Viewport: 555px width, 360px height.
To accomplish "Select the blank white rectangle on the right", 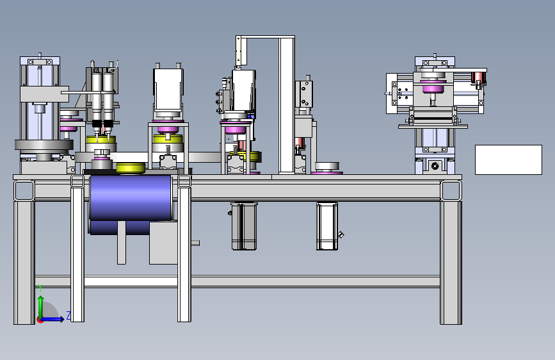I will [508, 160].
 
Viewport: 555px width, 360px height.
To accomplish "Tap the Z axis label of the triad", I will [68, 316].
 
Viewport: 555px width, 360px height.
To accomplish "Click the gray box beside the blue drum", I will [163, 243].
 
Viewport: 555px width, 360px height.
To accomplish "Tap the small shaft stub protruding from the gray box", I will [195, 243].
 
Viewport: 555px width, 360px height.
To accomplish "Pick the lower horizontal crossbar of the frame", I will [237, 281].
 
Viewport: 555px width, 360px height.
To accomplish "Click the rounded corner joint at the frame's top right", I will [451, 190].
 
